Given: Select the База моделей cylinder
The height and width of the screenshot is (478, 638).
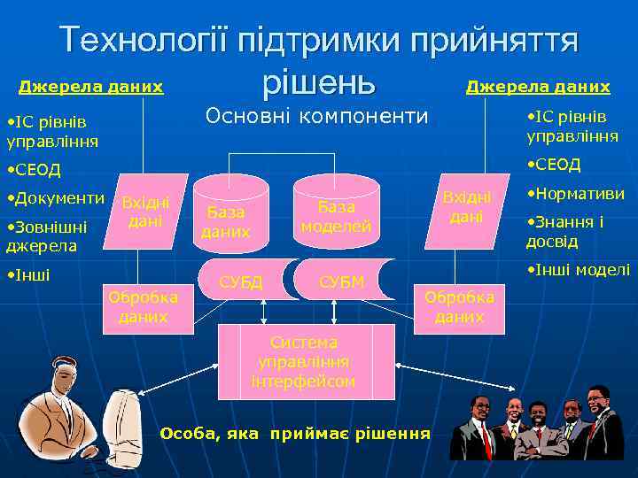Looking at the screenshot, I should coord(336,216).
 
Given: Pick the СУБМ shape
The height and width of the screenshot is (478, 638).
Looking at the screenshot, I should coord(340,282).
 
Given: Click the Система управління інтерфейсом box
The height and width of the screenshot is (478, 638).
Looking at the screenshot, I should coord(305,362).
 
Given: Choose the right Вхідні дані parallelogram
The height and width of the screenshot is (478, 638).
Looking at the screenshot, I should coord(465,205).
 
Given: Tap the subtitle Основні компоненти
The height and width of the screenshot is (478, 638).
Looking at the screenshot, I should coord(316,116).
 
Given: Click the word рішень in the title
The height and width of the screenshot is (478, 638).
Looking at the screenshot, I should coord(319,81).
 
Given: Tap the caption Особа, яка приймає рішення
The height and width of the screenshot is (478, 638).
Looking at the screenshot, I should coord(295,433).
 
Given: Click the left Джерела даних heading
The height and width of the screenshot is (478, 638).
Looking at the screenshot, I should coord(91,87).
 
